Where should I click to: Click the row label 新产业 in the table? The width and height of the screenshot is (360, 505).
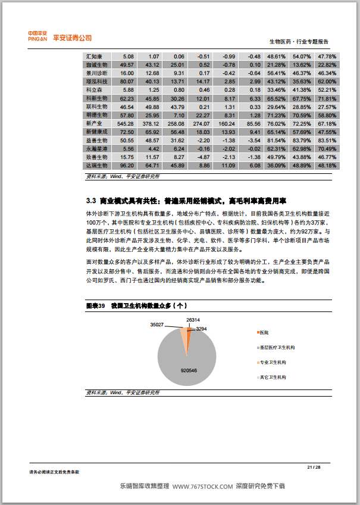coord(95,123)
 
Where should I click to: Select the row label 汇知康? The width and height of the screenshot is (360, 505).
coord(95,56)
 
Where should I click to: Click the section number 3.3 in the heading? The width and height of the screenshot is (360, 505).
coord(91,200)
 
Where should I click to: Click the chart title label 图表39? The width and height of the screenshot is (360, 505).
coord(96,306)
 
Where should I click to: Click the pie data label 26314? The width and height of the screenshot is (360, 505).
coord(192,320)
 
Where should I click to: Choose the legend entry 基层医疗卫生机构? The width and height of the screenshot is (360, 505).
coord(277,347)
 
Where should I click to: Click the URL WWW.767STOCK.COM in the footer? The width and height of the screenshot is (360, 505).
coord(202,487)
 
